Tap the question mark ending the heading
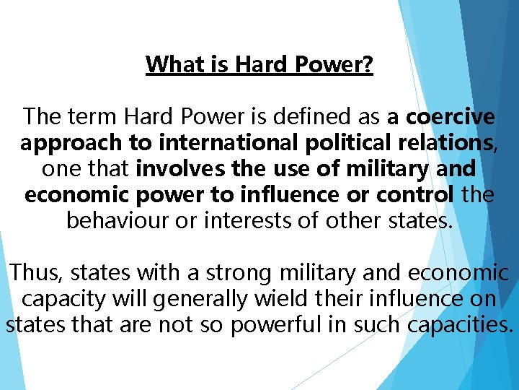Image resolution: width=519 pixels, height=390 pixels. pyautogui.click(x=368, y=64)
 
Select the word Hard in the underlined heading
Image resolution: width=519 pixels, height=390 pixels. pyautogui.click(x=256, y=64)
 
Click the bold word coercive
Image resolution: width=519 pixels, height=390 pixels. pyautogui.click(x=451, y=116)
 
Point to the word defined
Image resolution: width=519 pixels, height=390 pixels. pyautogui.click(x=314, y=116)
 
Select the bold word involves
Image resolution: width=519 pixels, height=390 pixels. pyautogui.click(x=177, y=169)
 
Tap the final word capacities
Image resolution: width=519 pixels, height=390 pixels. pyautogui.click(x=460, y=325)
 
